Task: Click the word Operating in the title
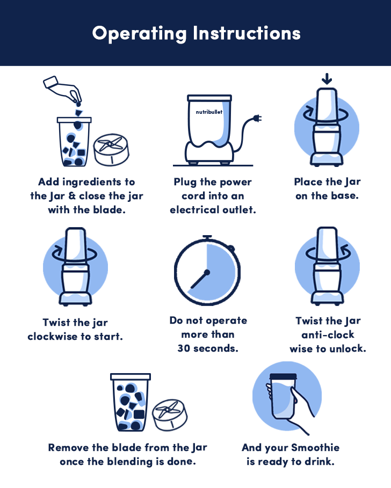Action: (140, 34)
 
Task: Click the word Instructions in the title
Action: (247, 33)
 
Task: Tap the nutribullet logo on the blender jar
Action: (209, 112)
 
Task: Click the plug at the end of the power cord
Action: (257, 118)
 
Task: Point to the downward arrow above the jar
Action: (327, 79)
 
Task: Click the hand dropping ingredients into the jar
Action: (63, 90)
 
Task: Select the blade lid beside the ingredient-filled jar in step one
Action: (112, 150)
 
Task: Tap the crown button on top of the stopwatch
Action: (207, 237)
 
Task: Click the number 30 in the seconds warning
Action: (184, 348)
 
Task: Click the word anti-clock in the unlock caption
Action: (328, 334)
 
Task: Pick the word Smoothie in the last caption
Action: (315, 448)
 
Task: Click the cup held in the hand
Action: (283, 397)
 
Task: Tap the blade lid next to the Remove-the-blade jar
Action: (170, 415)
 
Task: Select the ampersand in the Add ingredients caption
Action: (72, 196)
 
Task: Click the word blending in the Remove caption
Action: (130, 462)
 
